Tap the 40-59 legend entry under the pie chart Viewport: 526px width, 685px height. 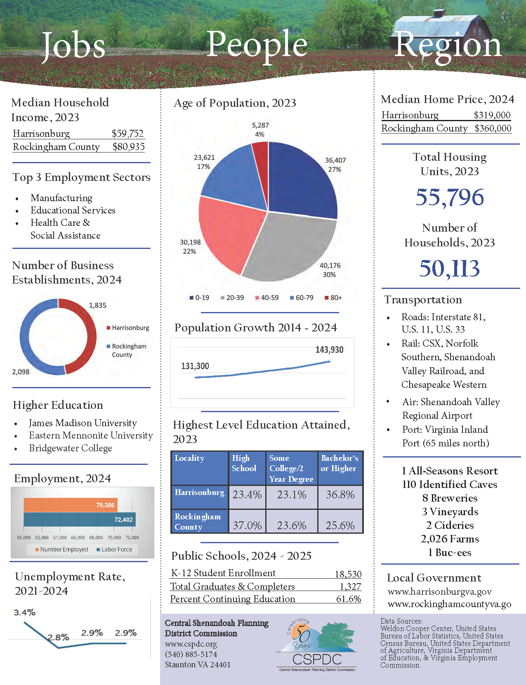267,298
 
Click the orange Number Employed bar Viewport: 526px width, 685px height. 71,505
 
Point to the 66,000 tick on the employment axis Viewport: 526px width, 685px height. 78,537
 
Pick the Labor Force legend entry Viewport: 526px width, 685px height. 114,549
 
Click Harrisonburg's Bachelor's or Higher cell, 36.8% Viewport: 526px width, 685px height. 340,495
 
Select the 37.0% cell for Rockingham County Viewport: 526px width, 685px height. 248,525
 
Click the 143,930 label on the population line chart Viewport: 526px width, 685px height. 330,350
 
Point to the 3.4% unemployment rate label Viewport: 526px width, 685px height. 25,612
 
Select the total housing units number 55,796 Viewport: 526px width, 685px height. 450,197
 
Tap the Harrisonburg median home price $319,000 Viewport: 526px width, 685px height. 492,115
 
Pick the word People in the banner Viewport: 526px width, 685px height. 257,46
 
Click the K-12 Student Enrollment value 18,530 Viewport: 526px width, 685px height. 348,574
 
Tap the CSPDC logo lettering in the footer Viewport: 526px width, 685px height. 317,659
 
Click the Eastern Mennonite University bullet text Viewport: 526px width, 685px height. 91,435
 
